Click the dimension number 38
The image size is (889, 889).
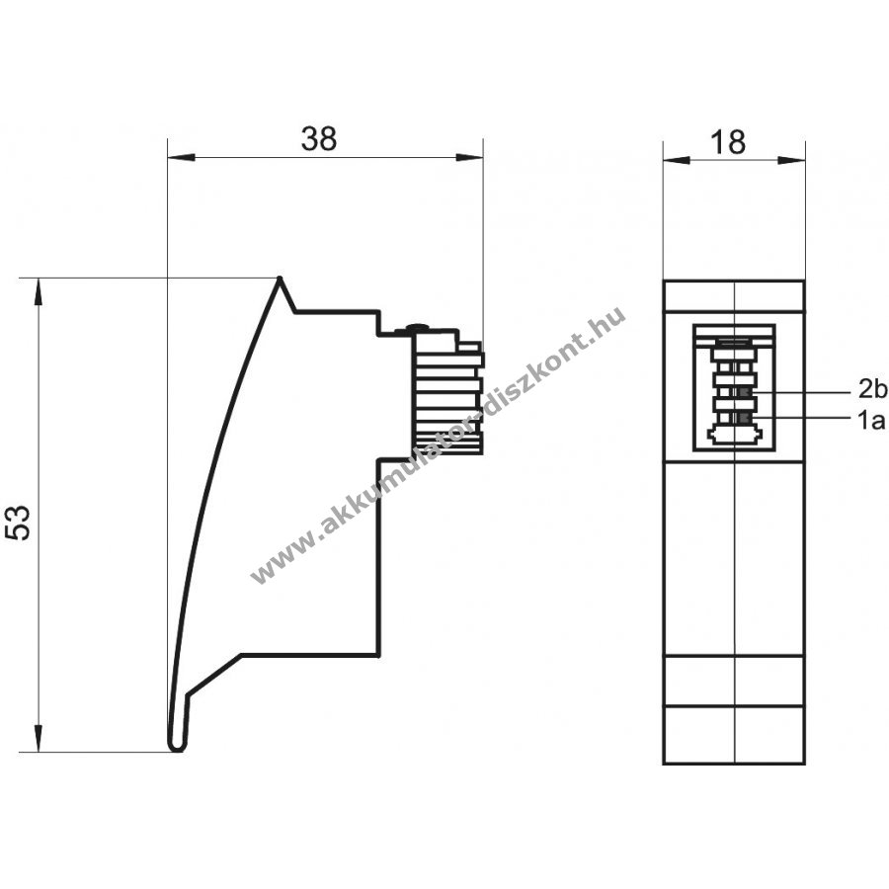pos(319,138)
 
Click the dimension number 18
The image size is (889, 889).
pos(728,141)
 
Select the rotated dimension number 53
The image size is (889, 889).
pos(18,522)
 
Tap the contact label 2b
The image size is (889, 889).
pos(872,390)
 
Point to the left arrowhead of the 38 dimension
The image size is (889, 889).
pos(182,157)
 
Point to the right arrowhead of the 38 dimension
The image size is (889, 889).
pos(469,157)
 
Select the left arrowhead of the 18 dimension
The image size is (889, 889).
pos(677,160)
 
